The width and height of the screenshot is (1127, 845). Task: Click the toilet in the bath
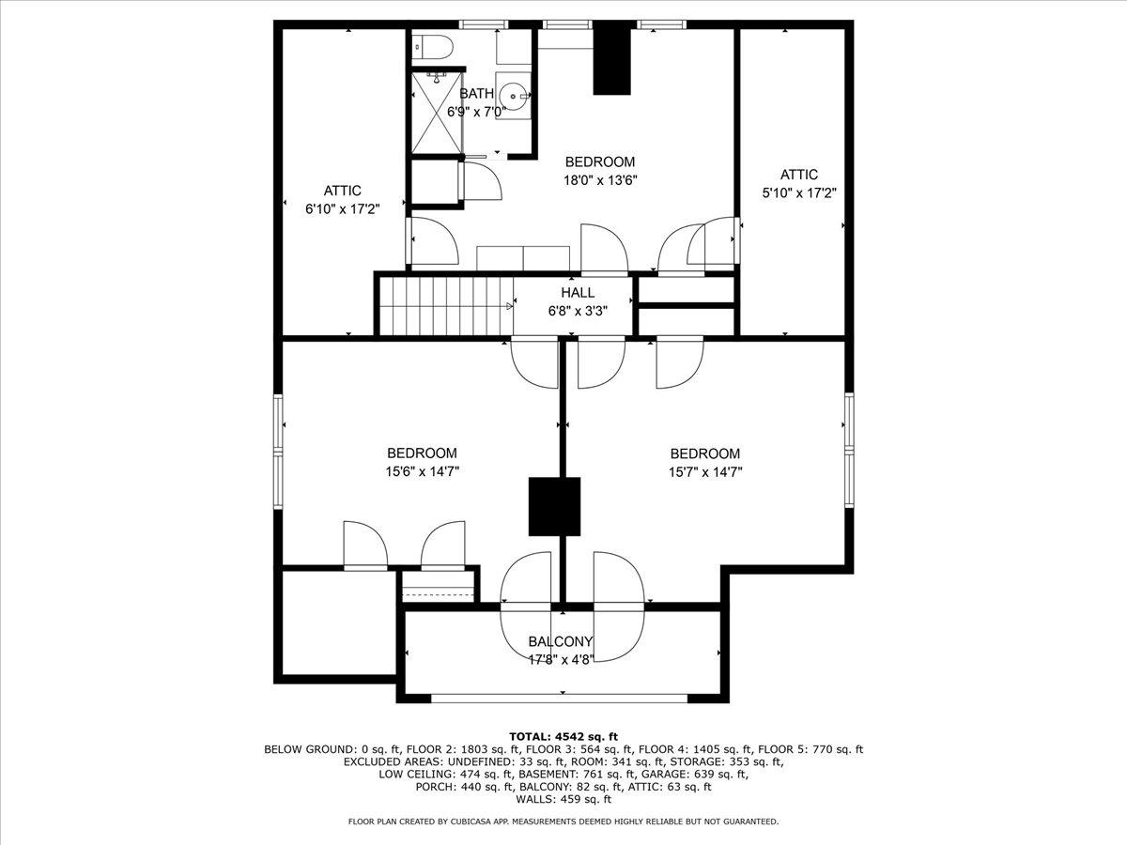tap(432, 47)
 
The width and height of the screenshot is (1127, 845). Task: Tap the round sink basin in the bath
tap(514, 95)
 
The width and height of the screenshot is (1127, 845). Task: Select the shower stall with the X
tap(437, 113)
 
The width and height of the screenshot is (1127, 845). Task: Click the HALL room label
tap(578, 292)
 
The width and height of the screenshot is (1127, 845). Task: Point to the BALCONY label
tap(560, 641)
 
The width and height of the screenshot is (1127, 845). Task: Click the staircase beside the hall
tap(446, 306)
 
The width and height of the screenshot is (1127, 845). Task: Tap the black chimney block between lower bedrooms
tap(554, 507)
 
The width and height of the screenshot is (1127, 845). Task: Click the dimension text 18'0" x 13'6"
tap(600, 180)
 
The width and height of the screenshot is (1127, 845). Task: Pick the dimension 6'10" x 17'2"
tap(343, 209)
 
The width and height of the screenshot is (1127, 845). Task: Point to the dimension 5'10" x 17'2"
tap(799, 192)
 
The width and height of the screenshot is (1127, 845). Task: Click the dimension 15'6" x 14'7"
tap(422, 471)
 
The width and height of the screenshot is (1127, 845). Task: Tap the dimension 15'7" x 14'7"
tap(705, 472)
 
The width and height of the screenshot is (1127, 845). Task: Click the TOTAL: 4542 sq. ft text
tap(563, 737)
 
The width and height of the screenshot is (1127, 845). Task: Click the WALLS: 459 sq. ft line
tap(563, 799)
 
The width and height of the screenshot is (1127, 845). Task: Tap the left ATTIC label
tap(343, 191)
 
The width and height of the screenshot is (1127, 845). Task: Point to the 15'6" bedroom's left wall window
tap(278, 451)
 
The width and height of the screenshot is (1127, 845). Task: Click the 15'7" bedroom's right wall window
tap(849, 451)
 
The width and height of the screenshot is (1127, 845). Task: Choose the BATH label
tap(476, 93)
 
